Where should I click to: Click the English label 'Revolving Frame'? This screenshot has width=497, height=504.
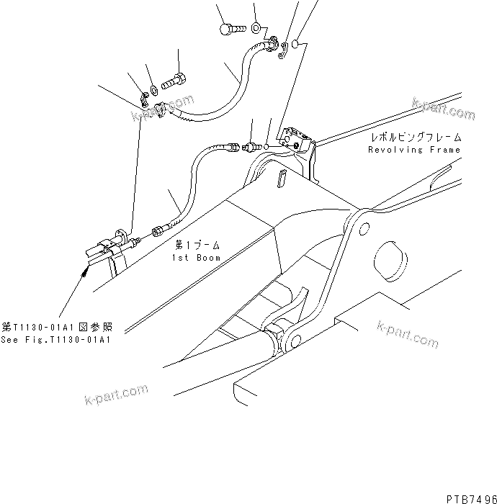414,150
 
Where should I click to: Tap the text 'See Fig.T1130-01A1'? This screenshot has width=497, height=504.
55,341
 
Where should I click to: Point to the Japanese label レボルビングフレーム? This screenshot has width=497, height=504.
416,137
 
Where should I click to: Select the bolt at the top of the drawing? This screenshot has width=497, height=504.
228,29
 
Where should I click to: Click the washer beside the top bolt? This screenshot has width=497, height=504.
256,29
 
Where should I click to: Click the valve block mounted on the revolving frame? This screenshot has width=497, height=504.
296,139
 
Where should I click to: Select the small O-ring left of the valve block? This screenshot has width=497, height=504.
268,147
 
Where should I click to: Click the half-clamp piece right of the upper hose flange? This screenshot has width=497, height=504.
285,50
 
